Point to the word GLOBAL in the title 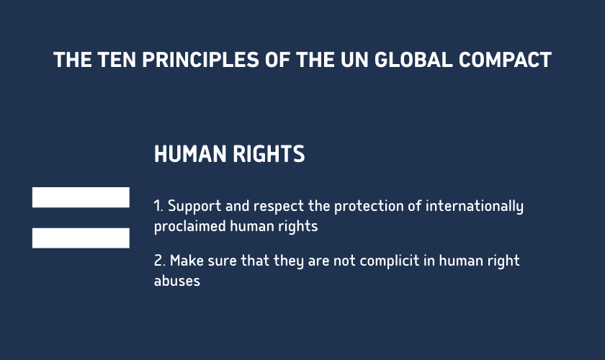[x=411, y=60]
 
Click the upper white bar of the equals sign [x=81, y=197]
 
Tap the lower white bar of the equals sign [x=81, y=238]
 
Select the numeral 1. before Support [x=158, y=206]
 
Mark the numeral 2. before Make [x=159, y=261]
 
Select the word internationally [x=475, y=206]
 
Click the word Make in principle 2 [x=186, y=261]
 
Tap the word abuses [x=176, y=281]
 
